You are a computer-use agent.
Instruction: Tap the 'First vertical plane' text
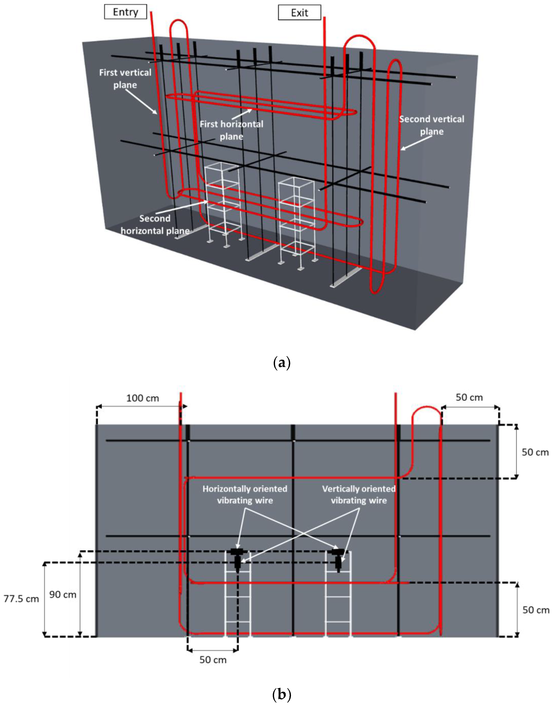[125, 79]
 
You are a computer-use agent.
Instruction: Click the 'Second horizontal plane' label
[155, 224]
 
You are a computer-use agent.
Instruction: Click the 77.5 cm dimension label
[21, 599]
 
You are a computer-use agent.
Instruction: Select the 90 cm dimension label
[63, 594]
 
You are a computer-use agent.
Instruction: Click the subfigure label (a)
[282, 362]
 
